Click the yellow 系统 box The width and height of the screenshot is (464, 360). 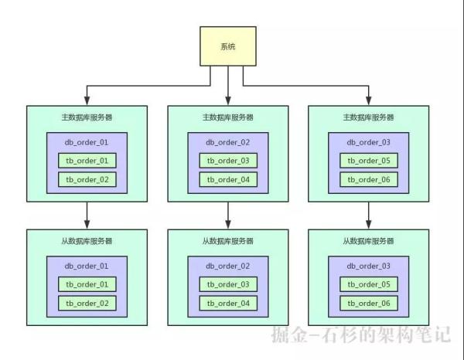coord(228,46)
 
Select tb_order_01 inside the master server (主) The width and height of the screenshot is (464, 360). coord(87,161)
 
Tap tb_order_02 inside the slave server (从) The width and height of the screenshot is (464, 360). coord(87,303)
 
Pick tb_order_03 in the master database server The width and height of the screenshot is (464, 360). coord(227,161)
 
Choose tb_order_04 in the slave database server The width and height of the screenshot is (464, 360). coord(227,303)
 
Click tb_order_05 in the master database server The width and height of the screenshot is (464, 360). coord(368,161)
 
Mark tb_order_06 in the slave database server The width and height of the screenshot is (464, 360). coord(368,303)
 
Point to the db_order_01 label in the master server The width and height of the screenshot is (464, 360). coord(87,143)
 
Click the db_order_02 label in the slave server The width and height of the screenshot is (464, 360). coord(227,267)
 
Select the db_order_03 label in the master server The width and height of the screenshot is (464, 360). coord(368,143)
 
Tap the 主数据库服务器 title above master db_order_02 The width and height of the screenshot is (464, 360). coord(227,117)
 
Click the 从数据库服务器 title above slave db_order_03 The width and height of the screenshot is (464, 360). coord(368,241)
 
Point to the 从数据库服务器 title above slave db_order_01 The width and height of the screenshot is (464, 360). coord(87,241)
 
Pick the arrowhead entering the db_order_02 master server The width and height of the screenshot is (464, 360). coord(227,100)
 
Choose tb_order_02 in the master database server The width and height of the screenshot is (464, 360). coord(87,179)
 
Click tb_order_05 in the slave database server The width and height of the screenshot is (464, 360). coord(368,284)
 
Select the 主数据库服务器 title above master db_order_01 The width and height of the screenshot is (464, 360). coord(87,117)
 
